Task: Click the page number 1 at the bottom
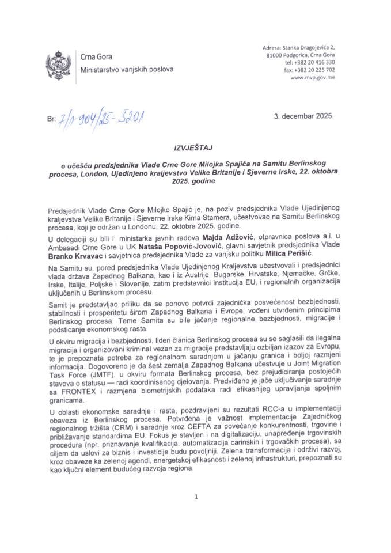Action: (x=196, y=496)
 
